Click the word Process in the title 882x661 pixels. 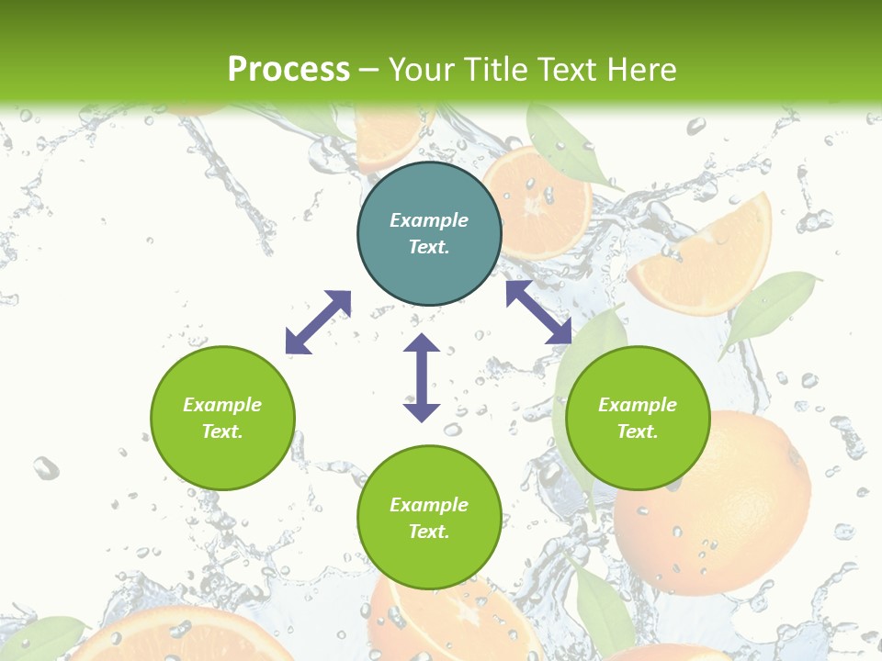288,70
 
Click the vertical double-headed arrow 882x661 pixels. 422,377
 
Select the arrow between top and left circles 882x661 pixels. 318,322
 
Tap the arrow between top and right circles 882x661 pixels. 539,313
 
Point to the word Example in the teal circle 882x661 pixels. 429,220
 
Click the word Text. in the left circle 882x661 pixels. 222,431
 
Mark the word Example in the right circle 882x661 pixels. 638,405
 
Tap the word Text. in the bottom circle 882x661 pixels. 429,532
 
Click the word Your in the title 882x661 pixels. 421,70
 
